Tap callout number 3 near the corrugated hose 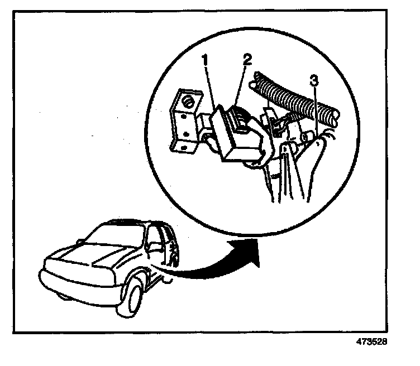[x=315, y=81]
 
